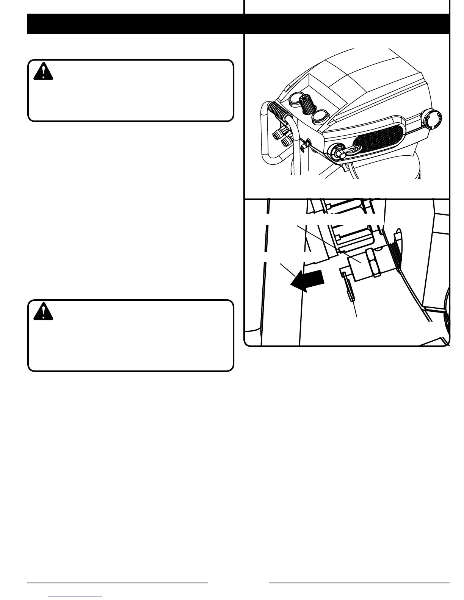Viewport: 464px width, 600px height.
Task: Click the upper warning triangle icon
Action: pyautogui.click(x=43, y=71)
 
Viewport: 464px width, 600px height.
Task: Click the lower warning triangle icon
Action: pyautogui.click(x=43, y=311)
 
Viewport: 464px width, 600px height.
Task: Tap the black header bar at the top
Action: pyautogui.click(x=238, y=24)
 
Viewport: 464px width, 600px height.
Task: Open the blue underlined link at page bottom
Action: pyautogui.click(x=75, y=597)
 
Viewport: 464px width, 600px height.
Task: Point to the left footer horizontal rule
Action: pyautogui.click(x=118, y=583)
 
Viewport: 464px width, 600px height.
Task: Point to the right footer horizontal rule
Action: pyautogui.click(x=359, y=583)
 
